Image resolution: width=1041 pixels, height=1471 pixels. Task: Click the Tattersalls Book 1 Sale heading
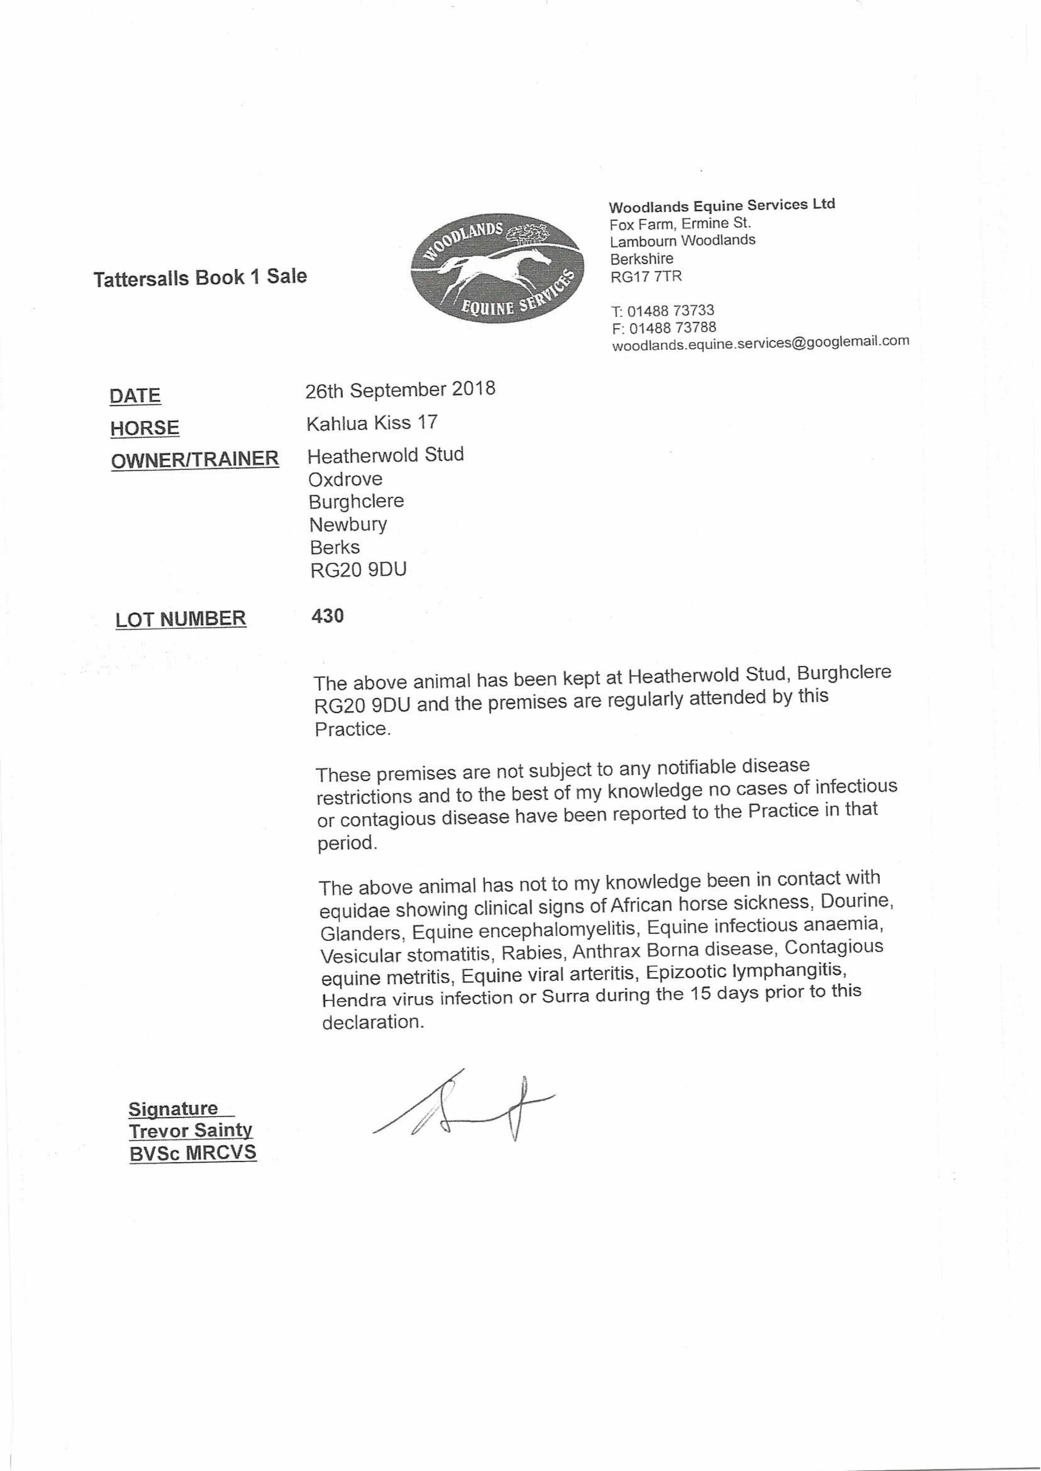[200, 277]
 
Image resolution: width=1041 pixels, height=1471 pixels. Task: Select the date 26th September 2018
[400, 390]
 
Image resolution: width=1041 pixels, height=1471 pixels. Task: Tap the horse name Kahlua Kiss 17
[372, 422]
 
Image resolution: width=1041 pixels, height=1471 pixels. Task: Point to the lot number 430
[328, 616]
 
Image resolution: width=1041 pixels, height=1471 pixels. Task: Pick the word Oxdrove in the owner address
[346, 479]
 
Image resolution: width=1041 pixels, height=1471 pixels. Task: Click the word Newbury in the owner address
[348, 524]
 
